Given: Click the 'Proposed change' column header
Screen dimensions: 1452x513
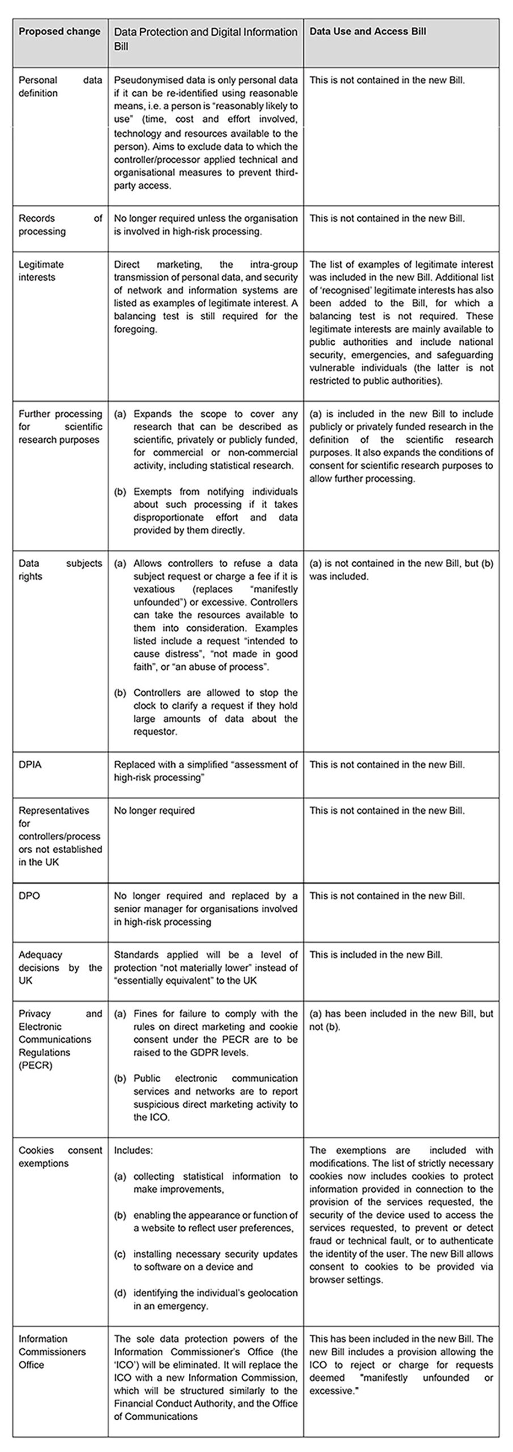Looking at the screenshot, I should point(60,32).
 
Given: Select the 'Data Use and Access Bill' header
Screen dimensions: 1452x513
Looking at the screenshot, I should point(367,32).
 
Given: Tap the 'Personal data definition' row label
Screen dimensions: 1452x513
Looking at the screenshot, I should point(60,87).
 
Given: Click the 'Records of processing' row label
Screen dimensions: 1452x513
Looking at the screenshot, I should point(60,225).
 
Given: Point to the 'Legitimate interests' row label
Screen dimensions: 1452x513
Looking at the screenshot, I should point(41,271).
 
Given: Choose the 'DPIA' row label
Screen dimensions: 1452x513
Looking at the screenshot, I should point(29,765).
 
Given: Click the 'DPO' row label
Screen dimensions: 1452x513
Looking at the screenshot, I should point(29,896).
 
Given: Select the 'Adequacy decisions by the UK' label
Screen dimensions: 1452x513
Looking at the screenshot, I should point(60,968).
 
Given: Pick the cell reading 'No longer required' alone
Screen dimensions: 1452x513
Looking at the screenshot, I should point(154,811).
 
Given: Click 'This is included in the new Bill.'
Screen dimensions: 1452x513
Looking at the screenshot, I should point(376,955).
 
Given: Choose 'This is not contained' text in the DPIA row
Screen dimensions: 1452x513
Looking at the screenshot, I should point(354,765).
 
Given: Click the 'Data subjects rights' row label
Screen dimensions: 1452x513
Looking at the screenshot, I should point(60,570).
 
